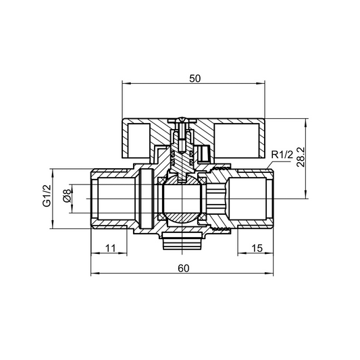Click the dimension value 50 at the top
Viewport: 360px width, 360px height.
[195, 78]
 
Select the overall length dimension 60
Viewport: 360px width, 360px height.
[183, 267]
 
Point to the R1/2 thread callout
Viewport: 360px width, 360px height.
[281, 157]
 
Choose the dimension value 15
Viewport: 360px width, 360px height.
[256, 249]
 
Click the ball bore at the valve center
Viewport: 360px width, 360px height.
[180, 200]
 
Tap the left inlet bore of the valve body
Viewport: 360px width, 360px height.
[111, 200]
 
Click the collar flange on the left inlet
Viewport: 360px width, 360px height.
[144, 200]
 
